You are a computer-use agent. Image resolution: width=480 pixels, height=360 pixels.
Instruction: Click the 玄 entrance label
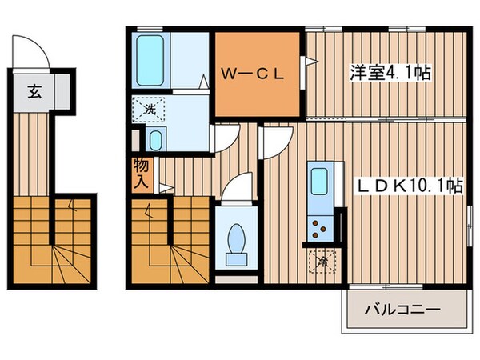coord(34,91)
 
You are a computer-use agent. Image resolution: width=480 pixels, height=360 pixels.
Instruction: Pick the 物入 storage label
coord(141,174)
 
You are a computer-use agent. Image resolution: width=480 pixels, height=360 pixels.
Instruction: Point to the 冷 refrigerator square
coord(323,260)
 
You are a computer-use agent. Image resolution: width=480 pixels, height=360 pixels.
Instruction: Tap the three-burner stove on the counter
coord(321,228)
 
